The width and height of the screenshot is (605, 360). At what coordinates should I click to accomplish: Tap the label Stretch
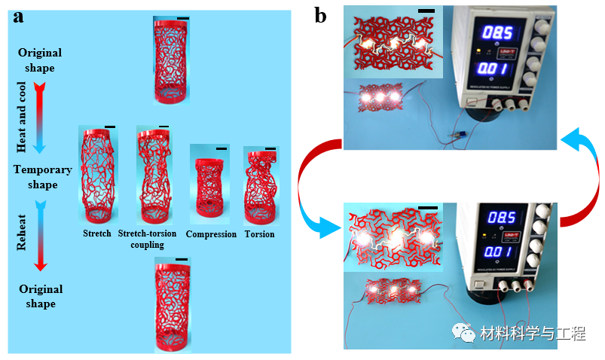point(97,234)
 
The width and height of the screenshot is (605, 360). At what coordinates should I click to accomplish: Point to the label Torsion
point(259,234)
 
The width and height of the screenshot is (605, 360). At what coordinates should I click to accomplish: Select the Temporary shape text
point(42,178)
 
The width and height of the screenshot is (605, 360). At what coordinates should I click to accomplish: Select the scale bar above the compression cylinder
point(221,149)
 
